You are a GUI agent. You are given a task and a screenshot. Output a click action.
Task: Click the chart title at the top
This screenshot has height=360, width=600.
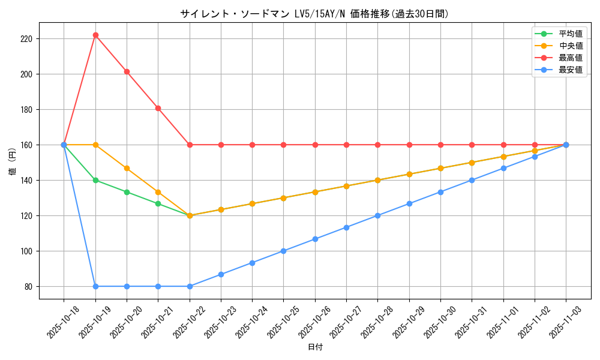click(314, 14)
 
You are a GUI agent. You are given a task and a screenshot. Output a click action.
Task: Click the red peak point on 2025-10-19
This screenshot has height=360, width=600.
click(95, 35)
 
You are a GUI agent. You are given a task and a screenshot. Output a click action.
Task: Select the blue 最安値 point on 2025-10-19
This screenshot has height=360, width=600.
click(95, 286)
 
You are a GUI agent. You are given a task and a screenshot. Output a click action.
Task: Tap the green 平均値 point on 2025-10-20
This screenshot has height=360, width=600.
click(127, 192)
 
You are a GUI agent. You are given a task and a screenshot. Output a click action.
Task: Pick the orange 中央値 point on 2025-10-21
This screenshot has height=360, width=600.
click(158, 192)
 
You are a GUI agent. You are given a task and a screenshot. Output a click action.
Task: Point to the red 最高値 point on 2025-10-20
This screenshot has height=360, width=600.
click(127, 71)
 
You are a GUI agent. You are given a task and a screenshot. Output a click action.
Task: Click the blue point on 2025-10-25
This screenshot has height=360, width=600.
click(283, 251)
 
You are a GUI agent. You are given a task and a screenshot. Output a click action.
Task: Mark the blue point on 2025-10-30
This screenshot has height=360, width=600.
click(440, 192)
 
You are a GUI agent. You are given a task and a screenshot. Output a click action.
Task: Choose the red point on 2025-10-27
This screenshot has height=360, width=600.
click(346, 145)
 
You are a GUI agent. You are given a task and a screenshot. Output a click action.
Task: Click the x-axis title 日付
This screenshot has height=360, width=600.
click(315, 347)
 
